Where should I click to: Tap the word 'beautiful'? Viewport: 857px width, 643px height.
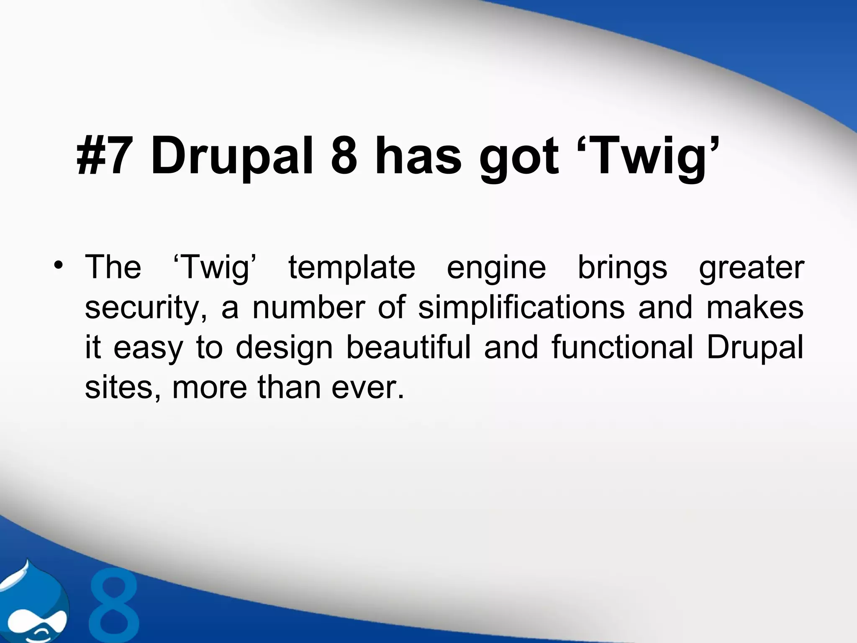pyautogui.click(x=409, y=347)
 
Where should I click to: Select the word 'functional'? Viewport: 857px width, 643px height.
pyautogui.click(x=622, y=347)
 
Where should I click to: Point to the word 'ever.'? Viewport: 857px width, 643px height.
pyautogui.click(x=368, y=388)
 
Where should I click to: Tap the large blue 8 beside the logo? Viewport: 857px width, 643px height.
pyautogui.click(x=114, y=607)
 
